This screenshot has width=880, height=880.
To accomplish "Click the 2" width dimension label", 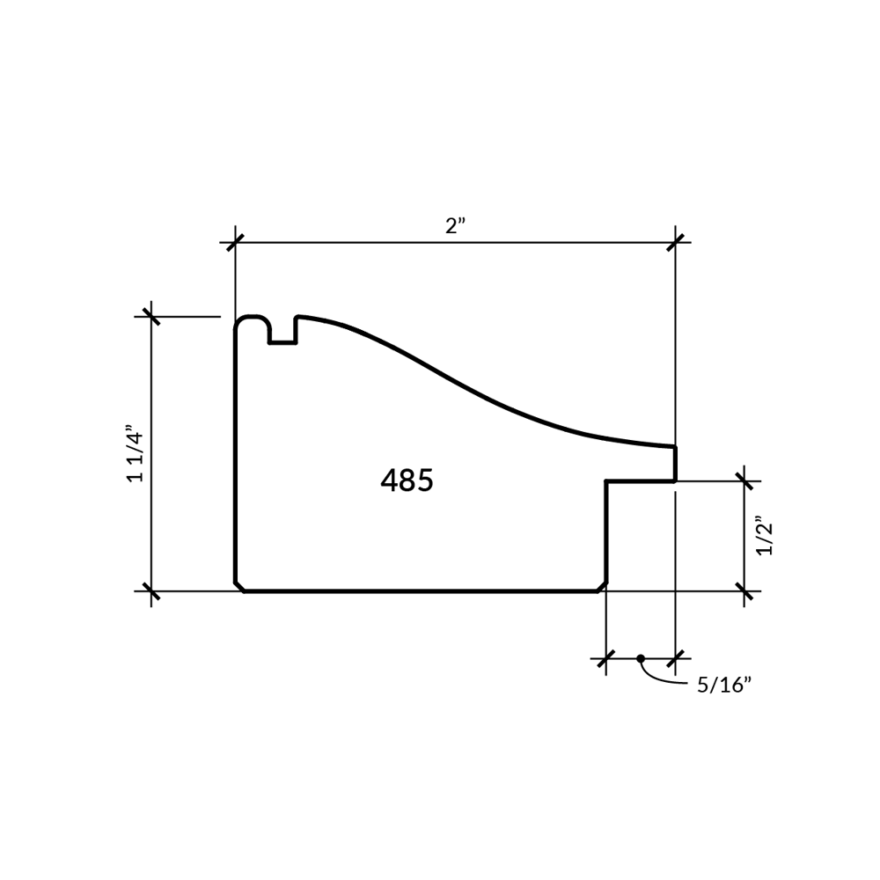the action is pyautogui.click(x=455, y=225).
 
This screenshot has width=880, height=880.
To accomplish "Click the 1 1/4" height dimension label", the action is pyautogui.click(x=136, y=457).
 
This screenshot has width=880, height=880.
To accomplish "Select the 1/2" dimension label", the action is pyautogui.click(x=765, y=536).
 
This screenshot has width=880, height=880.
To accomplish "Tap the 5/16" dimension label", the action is pyautogui.click(x=724, y=686).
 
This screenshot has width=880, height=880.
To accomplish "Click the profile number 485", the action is pyautogui.click(x=407, y=480).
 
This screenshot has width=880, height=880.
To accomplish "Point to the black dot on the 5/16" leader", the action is pyautogui.click(x=641, y=658).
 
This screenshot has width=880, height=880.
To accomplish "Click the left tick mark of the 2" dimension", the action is pyautogui.click(x=235, y=243).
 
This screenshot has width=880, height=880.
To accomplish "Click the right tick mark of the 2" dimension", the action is pyautogui.click(x=675, y=243).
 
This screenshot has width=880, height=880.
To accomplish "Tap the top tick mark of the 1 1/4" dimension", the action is pyautogui.click(x=151, y=317).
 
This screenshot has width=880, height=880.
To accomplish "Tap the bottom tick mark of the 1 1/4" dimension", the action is pyautogui.click(x=151, y=591).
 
